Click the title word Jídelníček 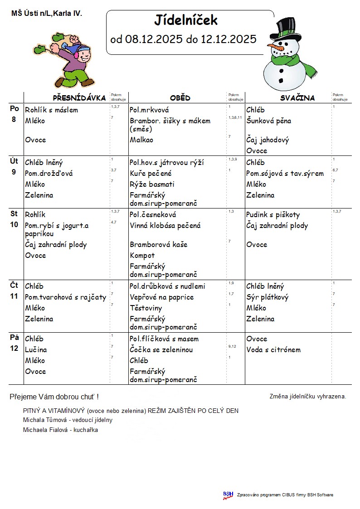click(186, 20)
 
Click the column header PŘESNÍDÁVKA click(79, 98)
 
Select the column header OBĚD click(180, 98)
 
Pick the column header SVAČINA click(297, 98)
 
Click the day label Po click(15, 109)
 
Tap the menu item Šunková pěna click(268, 121)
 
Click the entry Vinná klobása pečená click(165, 226)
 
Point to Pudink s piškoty click(273, 215)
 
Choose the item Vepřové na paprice click(161, 297)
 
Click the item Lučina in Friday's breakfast click(36, 350)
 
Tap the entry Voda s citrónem click(273, 350)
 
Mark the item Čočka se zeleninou click(161, 350)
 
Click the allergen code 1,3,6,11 click(235, 117)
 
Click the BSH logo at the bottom click(228, 495)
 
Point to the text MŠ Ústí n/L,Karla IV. click(47, 14)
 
